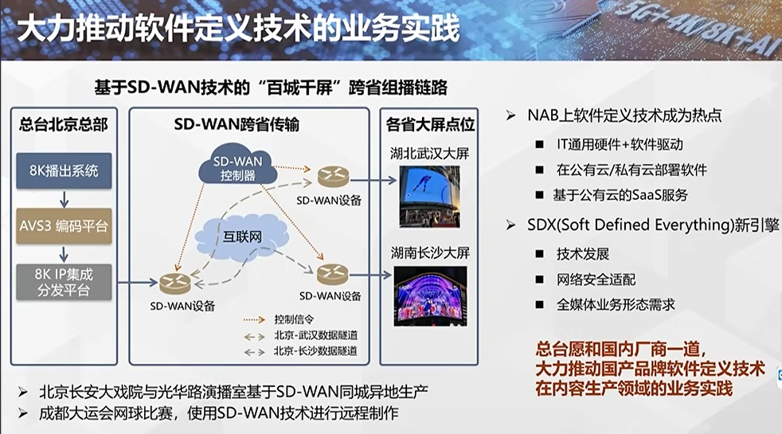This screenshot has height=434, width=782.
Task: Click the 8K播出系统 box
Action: pyautogui.click(x=64, y=170)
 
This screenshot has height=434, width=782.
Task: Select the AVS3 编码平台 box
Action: pyautogui.click(x=64, y=226)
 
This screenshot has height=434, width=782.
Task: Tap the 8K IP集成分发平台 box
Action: pyautogui.click(x=64, y=282)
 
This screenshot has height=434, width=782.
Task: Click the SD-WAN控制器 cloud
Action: pyautogui.click(x=238, y=166)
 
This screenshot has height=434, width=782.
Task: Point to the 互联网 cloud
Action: pyautogui.click(x=242, y=236)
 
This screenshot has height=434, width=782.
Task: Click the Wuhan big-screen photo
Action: pyautogui.click(x=429, y=197)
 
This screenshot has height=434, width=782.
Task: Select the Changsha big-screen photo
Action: pyautogui.click(x=430, y=295)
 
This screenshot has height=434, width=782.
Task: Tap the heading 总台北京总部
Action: pyautogui.click(x=64, y=124)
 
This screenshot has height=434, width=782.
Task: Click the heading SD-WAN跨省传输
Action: pyautogui.click(x=237, y=124)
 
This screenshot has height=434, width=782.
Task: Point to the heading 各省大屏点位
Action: pyautogui.click(x=430, y=125)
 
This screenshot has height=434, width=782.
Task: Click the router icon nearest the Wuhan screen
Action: pyautogui.click(x=333, y=177)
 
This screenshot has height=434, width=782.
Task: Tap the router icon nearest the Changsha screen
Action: pyautogui.click(x=333, y=274)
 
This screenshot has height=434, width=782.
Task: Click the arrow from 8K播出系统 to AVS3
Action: pyautogui.click(x=64, y=199)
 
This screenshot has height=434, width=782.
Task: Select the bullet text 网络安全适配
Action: pyautogui.click(x=596, y=280)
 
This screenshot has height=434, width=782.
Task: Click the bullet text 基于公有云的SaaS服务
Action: pyautogui.click(x=620, y=195)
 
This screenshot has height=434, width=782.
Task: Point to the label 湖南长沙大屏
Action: pyautogui.click(x=430, y=253)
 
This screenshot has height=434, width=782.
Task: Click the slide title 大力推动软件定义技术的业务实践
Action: pyautogui.click(x=238, y=28)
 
